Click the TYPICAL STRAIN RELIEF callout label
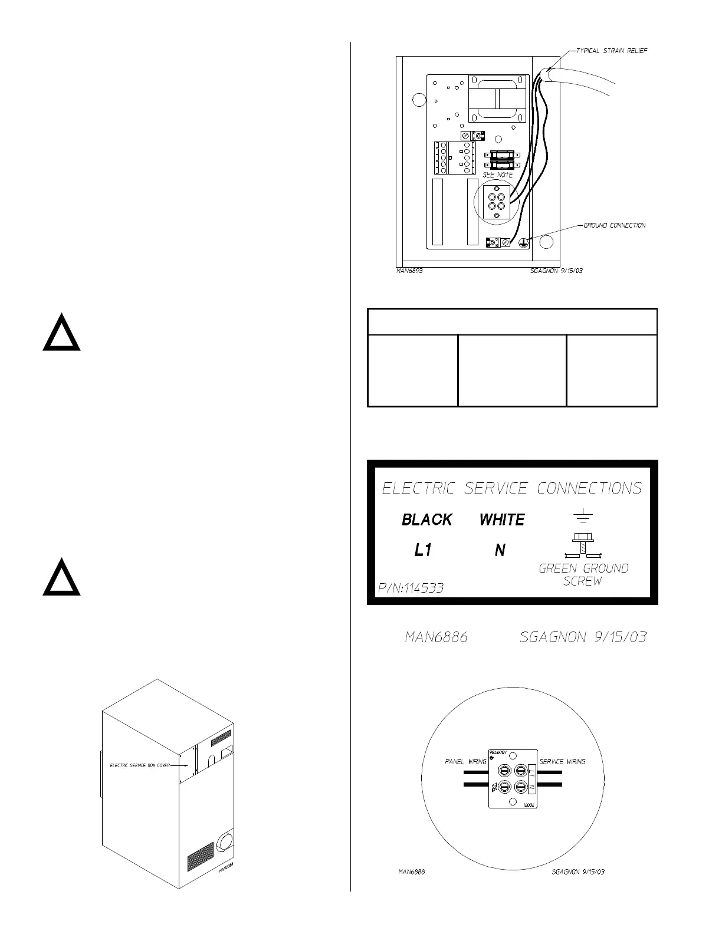click(611, 51)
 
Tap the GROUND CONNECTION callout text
click(614, 225)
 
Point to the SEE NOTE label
click(498, 175)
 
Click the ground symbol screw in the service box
click(523, 242)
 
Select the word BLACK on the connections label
click(427, 519)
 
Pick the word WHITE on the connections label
click(502, 519)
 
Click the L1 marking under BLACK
click(423, 551)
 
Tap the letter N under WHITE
click(500, 551)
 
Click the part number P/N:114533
click(411, 588)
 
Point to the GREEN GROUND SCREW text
click(583, 574)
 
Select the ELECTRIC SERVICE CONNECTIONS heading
click(511, 488)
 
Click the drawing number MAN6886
click(437, 637)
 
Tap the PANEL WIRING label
click(465, 762)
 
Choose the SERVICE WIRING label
click(562, 762)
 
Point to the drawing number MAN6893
click(409, 272)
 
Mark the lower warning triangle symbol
click(61, 577)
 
